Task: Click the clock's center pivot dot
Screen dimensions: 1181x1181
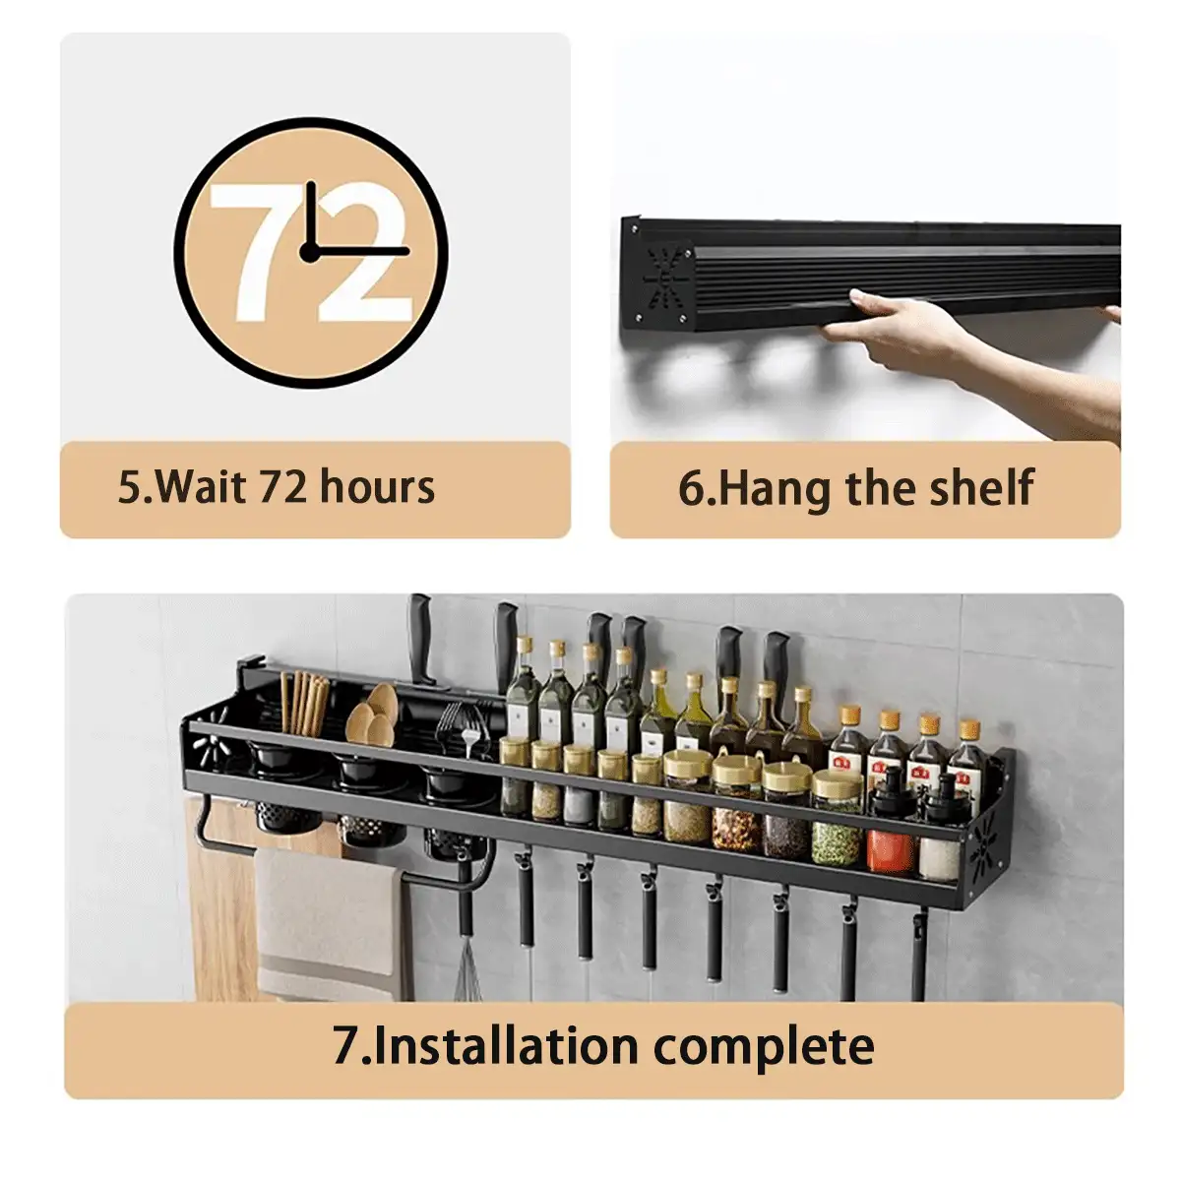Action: [309, 251]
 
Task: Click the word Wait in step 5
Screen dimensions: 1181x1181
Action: [198, 487]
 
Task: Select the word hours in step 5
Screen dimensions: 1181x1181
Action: [377, 487]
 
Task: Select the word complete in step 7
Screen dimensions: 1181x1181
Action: [764, 1047]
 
